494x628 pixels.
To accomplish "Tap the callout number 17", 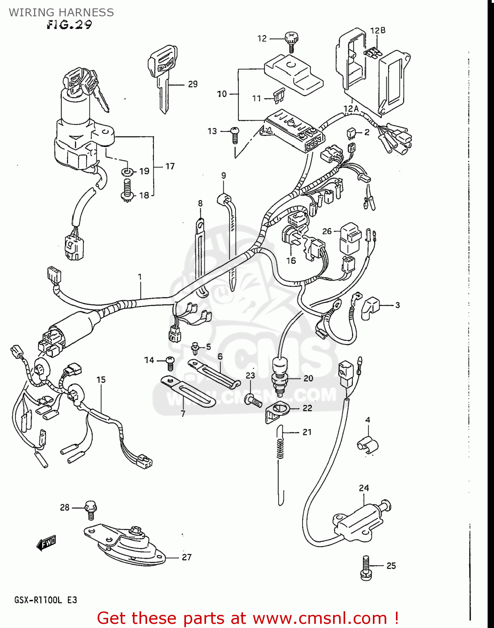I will pyautogui.click(x=170, y=166).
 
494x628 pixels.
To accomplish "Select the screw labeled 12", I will pyautogui.click(x=290, y=42).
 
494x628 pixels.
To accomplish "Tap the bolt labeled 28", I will pyautogui.click(x=91, y=508).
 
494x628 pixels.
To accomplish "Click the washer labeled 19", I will pyautogui.click(x=127, y=171).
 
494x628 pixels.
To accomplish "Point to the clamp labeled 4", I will pyautogui.click(x=367, y=444).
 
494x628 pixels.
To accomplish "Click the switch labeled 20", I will pyautogui.click(x=279, y=373).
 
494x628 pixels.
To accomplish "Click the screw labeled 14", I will pyautogui.click(x=170, y=362).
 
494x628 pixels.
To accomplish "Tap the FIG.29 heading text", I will pyautogui.click(x=69, y=25).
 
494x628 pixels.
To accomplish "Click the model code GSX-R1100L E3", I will pyautogui.click(x=46, y=600).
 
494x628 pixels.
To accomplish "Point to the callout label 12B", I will pyautogui.click(x=378, y=31).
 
